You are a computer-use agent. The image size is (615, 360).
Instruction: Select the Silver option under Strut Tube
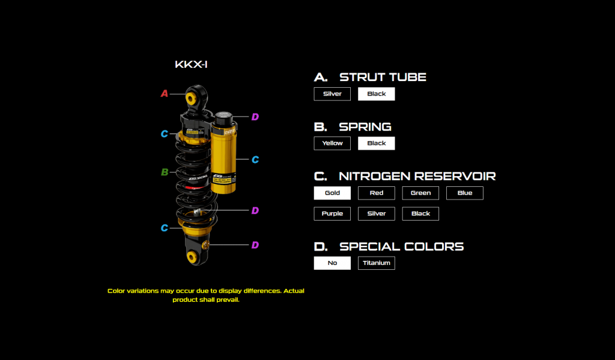coord(332,94)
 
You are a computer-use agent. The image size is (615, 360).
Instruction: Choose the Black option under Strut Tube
coord(377,94)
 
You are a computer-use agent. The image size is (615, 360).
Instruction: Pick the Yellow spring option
coord(332,143)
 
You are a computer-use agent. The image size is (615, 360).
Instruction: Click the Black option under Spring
coord(377,143)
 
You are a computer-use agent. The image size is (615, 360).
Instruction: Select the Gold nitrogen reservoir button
coord(332,193)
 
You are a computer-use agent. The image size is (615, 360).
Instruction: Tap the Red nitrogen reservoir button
coord(377,193)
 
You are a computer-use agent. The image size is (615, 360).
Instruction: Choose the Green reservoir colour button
coord(420,193)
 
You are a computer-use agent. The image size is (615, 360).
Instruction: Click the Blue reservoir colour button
coord(465,193)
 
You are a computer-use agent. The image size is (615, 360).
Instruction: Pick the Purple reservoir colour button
coord(332,213)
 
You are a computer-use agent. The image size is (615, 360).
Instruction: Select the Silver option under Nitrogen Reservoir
coord(377,213)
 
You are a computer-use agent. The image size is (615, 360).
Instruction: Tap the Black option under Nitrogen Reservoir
coord(420,213)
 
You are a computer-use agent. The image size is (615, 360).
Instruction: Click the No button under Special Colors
coord(332,263)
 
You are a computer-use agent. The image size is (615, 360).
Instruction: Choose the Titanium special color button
coord(377,263)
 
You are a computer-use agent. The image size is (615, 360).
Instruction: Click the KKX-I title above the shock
coord(191,64)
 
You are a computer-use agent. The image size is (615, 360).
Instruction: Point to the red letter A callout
coord(164,94)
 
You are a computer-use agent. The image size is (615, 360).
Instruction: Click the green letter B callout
coord(164,172)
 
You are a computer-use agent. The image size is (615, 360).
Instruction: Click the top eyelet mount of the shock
coord(194,97)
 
